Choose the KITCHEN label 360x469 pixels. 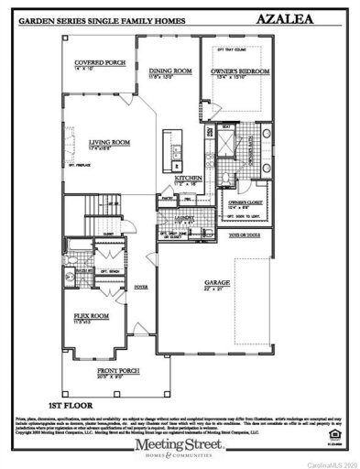(187, 178)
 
